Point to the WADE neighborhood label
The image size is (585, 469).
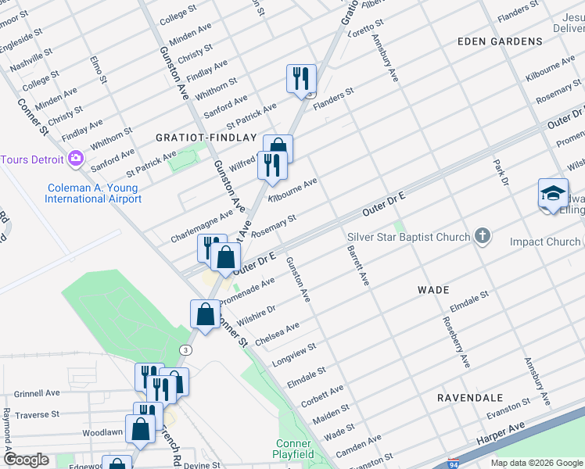point(433,289)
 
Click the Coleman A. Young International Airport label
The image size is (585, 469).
point(94,193)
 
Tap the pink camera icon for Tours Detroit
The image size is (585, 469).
point(76,159)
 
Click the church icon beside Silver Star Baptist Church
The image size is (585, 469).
point(483,236)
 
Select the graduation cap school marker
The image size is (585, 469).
point(553,193)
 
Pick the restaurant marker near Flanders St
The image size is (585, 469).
point(301,78)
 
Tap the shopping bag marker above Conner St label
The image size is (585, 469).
point(205,314)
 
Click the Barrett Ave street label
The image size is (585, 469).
point(357,266)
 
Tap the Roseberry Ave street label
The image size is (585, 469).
point(456,342)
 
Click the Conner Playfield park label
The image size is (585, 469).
point(293,448)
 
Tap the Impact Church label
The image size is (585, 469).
point(545,242)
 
